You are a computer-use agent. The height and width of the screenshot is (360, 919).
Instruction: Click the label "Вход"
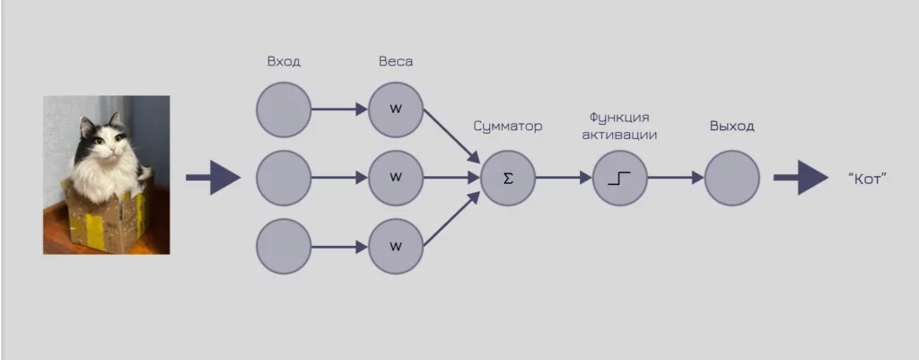284,62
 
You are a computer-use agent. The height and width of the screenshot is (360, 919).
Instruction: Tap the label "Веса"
395,62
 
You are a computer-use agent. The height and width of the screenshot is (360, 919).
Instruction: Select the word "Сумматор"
508,127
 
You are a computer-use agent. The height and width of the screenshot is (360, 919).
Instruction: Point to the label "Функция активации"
619,126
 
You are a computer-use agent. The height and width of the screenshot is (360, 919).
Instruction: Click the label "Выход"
731,127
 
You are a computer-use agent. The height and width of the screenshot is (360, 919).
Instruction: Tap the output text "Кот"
867,179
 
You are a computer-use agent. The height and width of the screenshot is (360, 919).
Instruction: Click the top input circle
284,110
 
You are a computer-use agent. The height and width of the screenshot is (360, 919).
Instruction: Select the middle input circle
284,178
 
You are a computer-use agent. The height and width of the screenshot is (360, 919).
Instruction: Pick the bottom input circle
284,245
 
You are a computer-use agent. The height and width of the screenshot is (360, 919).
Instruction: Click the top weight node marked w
395,110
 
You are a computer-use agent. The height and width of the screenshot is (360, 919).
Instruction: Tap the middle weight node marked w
395,178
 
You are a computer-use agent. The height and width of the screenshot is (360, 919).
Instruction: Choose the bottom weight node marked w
395,245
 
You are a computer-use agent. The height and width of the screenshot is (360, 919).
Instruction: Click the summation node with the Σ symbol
508,178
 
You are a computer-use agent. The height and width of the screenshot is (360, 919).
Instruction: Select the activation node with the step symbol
619,178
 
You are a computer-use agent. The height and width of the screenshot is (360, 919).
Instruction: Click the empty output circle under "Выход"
731,178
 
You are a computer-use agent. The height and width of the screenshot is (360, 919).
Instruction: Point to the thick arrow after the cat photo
214,178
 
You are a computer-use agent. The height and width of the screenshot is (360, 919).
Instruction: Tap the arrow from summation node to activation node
564,178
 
